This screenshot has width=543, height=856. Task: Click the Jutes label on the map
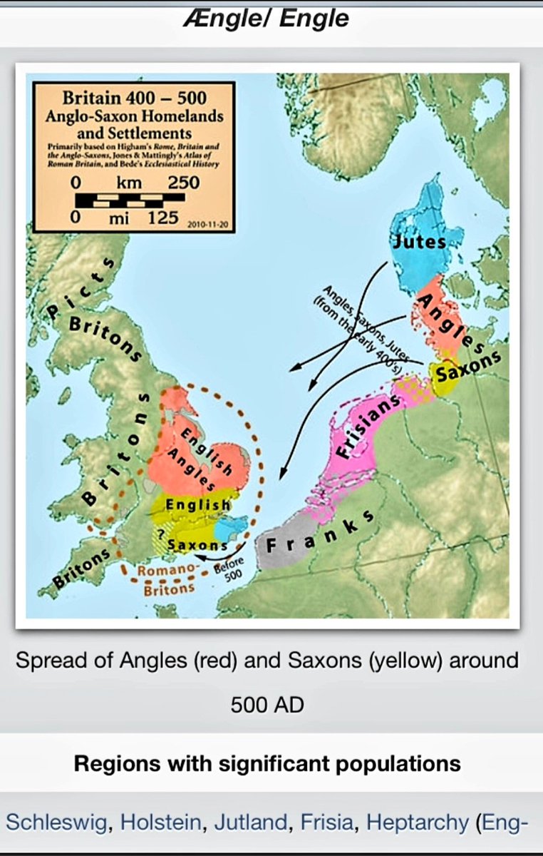pos(419,241)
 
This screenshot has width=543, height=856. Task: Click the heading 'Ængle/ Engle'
pos(271,17)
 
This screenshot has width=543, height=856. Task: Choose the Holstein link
pos(160,822)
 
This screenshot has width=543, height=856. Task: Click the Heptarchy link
pos(417,822)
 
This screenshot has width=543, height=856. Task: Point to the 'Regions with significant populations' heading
pos(267,763)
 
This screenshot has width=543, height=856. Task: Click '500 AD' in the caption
pos(267,705)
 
